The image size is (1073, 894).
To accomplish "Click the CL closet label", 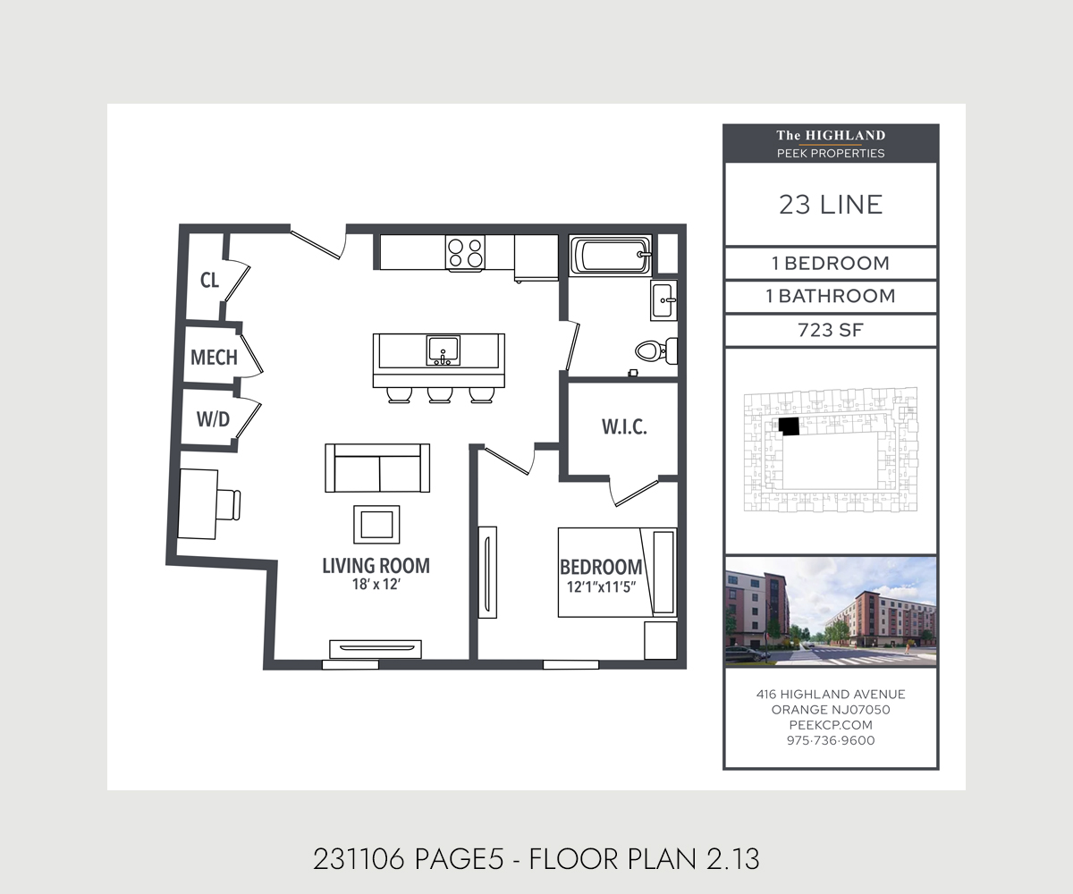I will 209,281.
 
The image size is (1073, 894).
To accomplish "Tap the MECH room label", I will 214,358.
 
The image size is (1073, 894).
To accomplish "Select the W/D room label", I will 212,418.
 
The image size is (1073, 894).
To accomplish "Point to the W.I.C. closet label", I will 623,426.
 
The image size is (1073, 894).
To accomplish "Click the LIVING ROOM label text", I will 376,565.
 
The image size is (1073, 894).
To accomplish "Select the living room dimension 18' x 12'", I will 376,586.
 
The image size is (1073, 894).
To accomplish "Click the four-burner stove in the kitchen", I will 465,252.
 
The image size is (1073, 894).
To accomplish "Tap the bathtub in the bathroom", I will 610,254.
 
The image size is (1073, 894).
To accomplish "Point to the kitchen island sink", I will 443,349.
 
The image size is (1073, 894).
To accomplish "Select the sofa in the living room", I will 377,468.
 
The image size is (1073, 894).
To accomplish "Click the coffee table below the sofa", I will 377,524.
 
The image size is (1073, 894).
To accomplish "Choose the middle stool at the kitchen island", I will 439,395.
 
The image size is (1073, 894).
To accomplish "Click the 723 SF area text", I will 830,330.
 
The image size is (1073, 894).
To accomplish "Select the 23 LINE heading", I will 830,205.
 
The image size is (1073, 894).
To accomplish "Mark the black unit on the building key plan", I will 789,426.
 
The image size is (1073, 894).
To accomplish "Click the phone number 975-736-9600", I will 830,740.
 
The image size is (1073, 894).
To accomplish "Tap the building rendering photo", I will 830,611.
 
